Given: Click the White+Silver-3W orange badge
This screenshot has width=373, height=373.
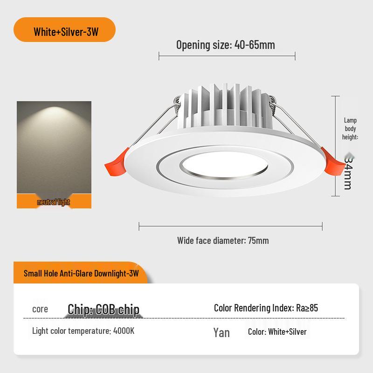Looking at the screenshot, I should (x=65, y=32).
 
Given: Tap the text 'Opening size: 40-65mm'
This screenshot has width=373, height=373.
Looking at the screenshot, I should (x=225, y=45).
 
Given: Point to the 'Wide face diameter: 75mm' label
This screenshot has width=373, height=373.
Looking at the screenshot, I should (x=223, y=241).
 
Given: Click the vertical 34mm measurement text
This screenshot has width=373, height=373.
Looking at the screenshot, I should (x=347, y=172).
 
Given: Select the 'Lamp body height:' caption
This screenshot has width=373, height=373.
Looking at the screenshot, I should (x=350, y=129).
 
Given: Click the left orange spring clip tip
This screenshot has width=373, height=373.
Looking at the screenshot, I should (x=113, y=164).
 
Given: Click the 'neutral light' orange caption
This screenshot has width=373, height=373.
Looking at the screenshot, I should (x=54, y=202).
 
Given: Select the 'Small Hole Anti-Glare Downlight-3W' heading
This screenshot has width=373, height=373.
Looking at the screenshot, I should (x=81, y=274).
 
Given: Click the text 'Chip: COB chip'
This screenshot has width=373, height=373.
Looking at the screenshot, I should (x=104, y=309).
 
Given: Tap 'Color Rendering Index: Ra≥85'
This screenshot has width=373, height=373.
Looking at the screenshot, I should (x=266, y=308).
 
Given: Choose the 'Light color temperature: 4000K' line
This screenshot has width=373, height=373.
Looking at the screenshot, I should (x=83, y=331).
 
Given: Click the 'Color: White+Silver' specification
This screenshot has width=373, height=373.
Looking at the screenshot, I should (x=277, y=332).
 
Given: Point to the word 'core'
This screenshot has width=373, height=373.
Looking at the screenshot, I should (x=40, y=309).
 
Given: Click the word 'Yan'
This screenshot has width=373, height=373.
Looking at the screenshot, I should (x=221, y=332).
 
